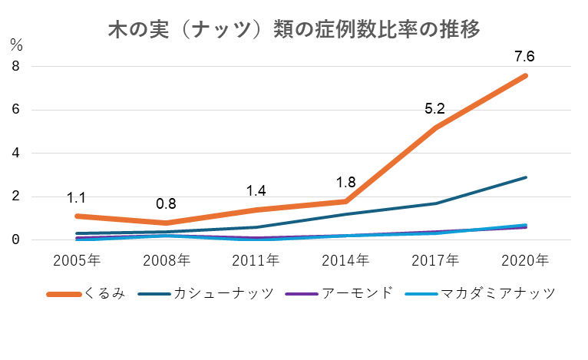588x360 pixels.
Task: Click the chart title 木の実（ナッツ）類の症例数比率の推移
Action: [x=293, y=30]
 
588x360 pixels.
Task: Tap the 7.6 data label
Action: [x=525, y=56]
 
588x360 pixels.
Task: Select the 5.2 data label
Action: [x=435, y=110]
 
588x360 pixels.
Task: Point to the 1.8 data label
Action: [x=345, y=183]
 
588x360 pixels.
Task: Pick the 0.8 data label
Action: [x=166, y=204]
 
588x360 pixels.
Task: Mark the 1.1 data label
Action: [x=76, y=197]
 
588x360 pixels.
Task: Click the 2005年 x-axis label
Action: [x=75, y=259]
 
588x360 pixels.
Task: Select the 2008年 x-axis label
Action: [x=165, y=259]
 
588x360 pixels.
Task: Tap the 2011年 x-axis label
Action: [x=255, y=259]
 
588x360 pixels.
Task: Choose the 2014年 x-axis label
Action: [x=345, y=259]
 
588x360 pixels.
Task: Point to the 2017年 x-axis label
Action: [x=435, y=259]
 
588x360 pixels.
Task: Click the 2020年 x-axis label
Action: [x=525, y=259]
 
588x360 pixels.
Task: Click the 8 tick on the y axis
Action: [x=15, y=67]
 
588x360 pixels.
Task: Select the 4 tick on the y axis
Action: [x=15, y=154]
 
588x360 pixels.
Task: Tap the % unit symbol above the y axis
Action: [x=16, y=45]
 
